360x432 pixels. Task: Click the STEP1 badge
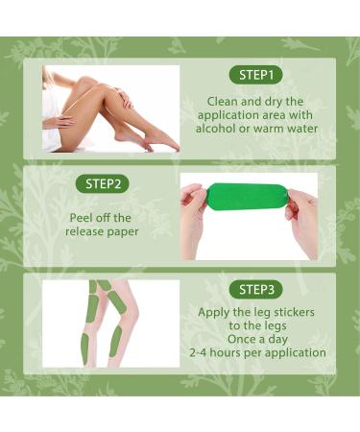(x=256, y=75)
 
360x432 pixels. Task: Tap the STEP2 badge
(x=103, y=184)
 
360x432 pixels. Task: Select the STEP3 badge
(x=256, y=290)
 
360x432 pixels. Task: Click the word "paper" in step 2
(x=123, y=232)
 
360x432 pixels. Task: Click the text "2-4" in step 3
(x=198, y=353)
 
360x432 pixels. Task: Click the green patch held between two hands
(x=247, y=197)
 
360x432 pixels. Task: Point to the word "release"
(x=84, y=231)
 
